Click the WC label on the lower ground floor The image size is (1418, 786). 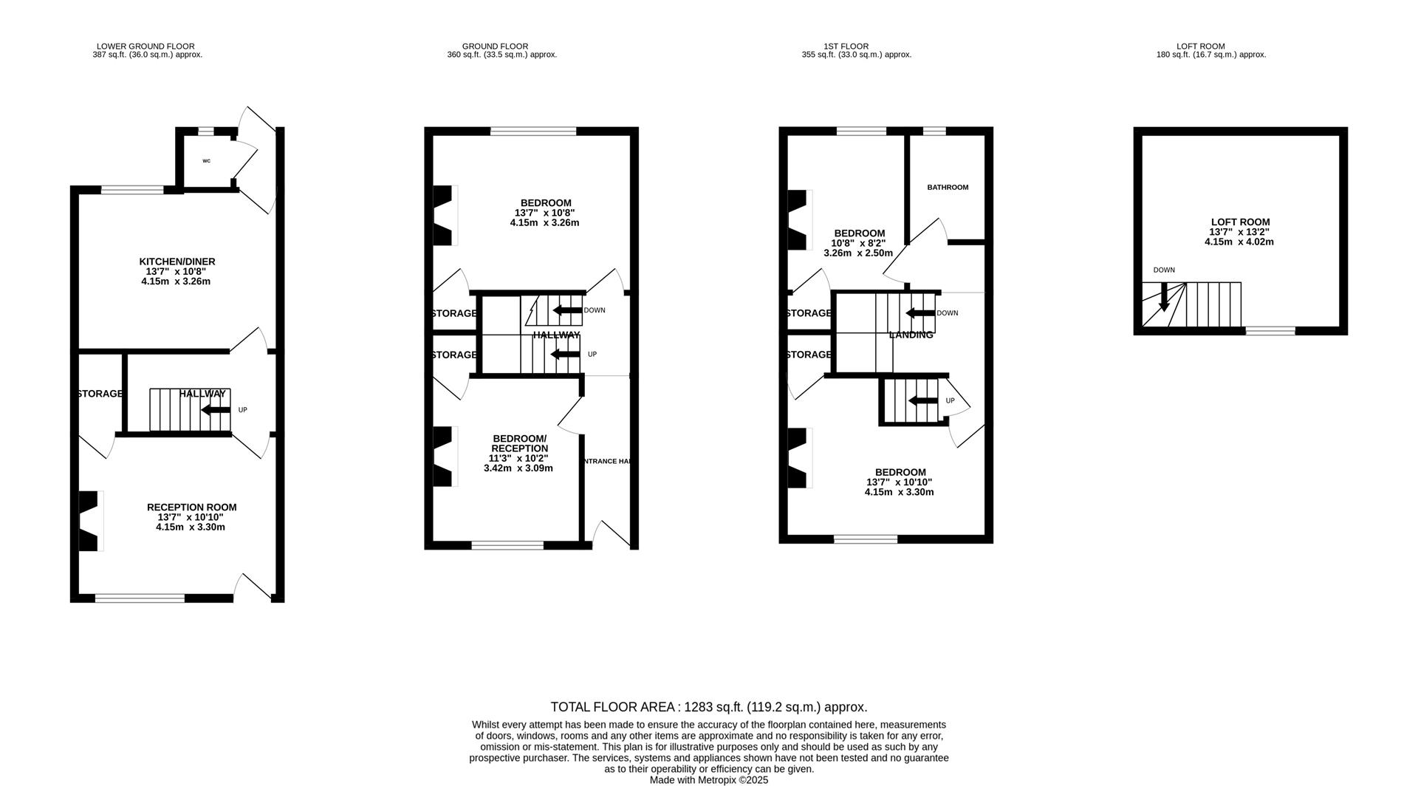(206, 161)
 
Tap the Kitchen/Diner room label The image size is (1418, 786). (177, 262)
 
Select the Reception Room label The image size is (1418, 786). (191, 508)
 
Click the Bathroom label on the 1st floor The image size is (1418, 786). (948, 188)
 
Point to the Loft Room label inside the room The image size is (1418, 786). (1240, 222)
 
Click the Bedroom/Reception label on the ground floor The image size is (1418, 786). (519, 443)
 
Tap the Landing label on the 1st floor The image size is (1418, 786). (911, 335)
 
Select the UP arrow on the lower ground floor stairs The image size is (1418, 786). (216, 410)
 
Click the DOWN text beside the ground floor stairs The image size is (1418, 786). (594, 310)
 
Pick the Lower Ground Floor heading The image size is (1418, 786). (145, 46)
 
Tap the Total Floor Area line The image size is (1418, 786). (708, 707)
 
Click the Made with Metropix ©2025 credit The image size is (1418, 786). (708, 780)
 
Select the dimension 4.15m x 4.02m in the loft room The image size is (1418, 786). (1239, 242)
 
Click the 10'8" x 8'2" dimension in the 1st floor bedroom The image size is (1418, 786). (857, 243)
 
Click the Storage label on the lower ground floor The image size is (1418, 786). (100, 394)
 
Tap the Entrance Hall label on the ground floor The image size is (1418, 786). (607, 461)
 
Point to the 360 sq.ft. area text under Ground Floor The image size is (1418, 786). (501, 55)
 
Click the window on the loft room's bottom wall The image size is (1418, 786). (1270, 331)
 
